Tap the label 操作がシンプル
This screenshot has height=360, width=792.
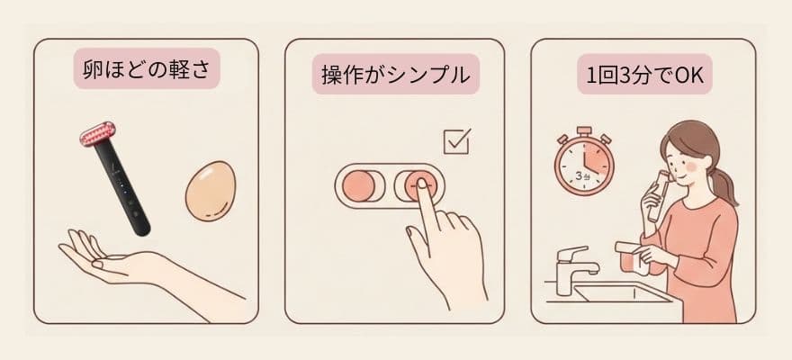coord(395,74)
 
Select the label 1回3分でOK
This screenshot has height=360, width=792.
coord(644,74)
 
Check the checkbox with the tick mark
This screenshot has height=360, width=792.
coord(457,141)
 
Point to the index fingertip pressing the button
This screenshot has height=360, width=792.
coord(420,189)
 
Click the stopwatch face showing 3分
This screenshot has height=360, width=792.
coord(584,166)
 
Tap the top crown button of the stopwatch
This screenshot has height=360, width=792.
coord(584,130)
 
